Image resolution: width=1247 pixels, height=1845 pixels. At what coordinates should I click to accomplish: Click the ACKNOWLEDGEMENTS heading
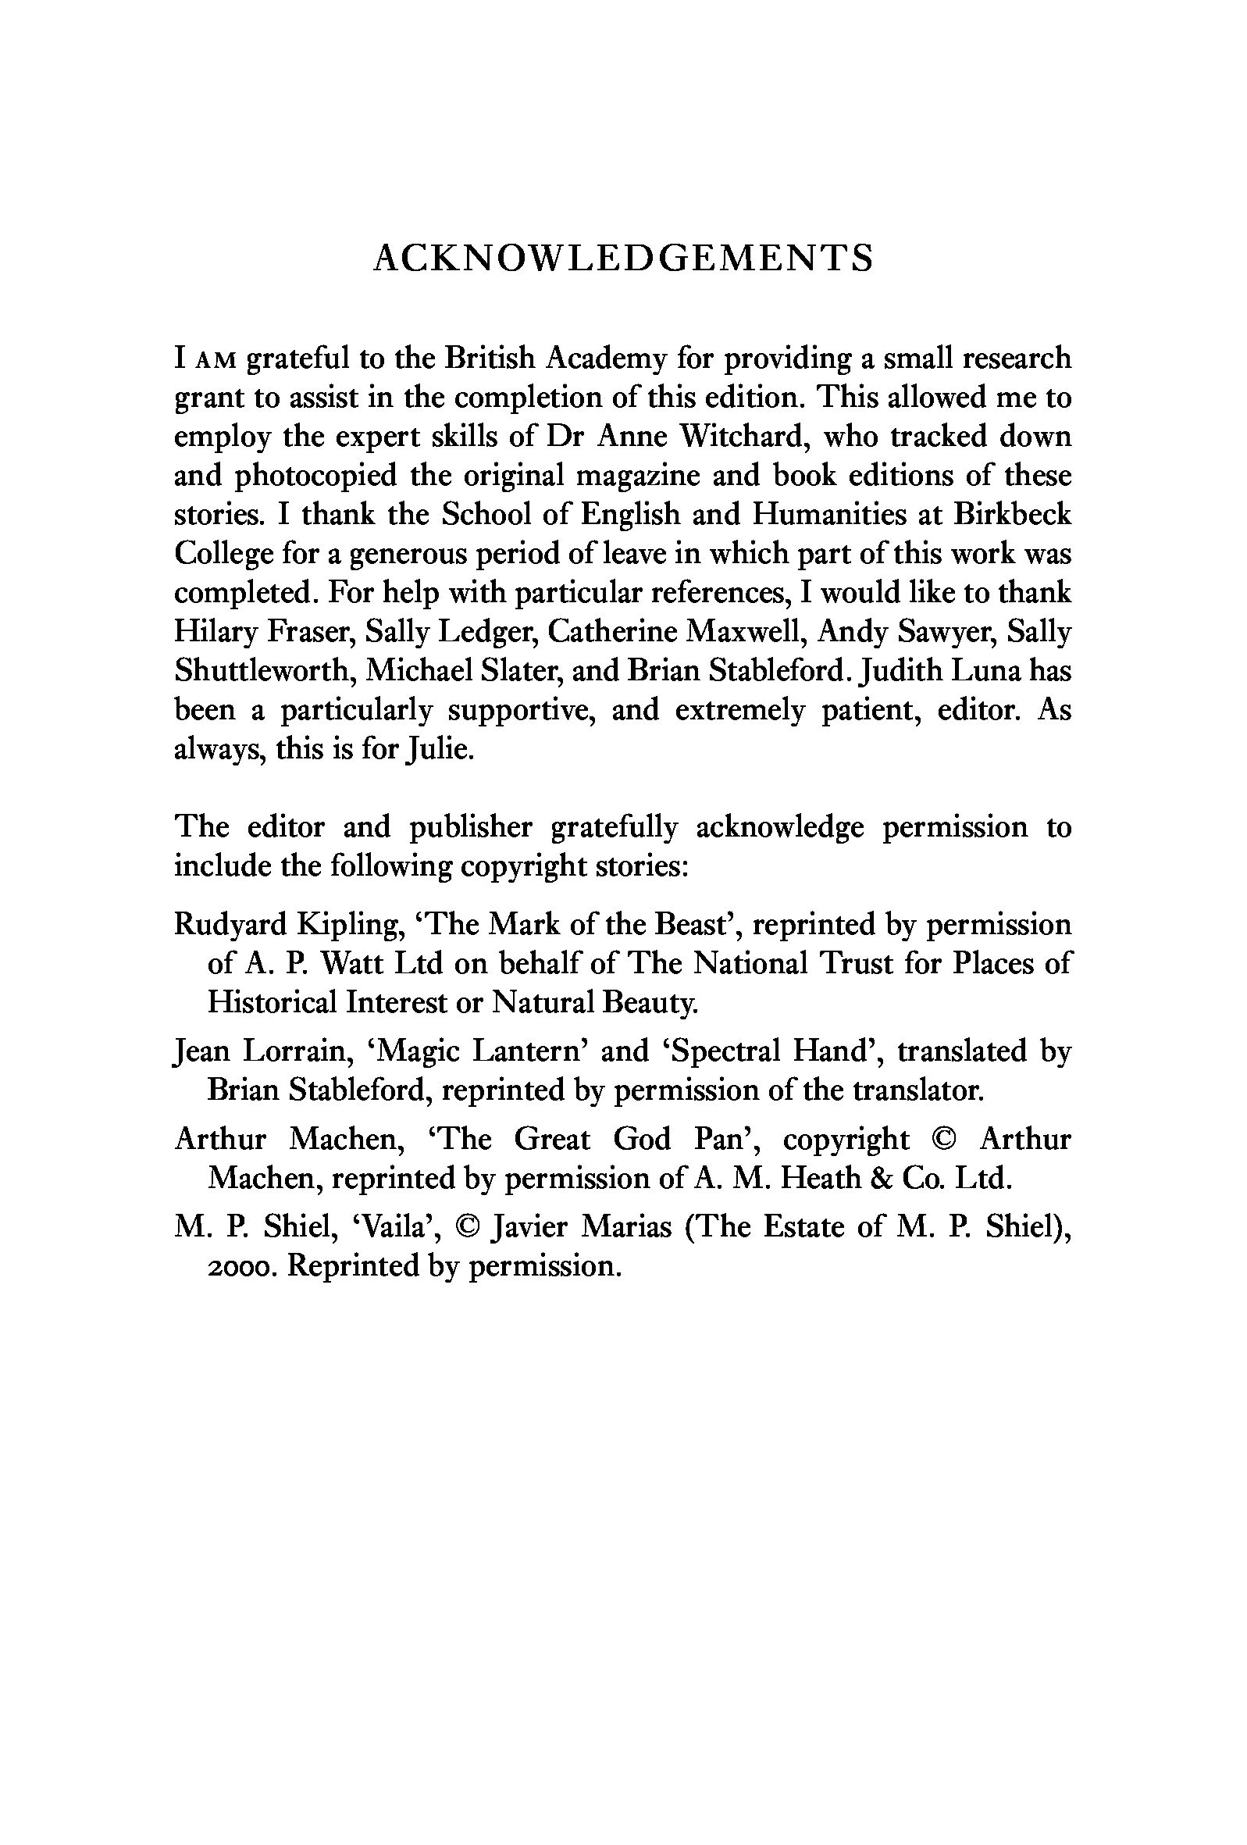(623, 259)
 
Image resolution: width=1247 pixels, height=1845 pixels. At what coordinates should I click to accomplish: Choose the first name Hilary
(208, 632)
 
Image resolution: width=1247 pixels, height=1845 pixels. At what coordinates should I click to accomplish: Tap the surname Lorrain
(297, 1051)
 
